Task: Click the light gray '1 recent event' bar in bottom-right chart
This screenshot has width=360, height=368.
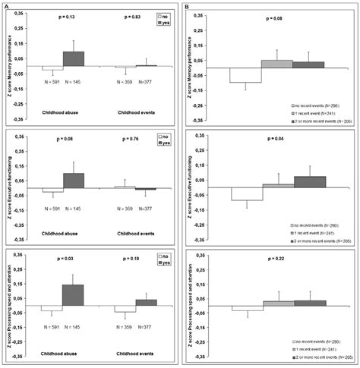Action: [277, 304]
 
